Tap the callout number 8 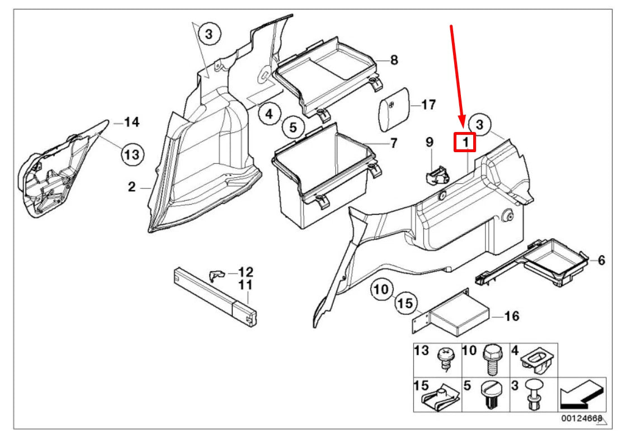(394, 60)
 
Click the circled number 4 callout (269, 114)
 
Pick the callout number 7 (393, 143)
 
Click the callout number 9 (430, 143)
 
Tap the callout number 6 (601, 260)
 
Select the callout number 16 (512, 317)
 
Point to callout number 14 (131, 122)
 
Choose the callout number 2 (131, 187)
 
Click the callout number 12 (246, 272)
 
